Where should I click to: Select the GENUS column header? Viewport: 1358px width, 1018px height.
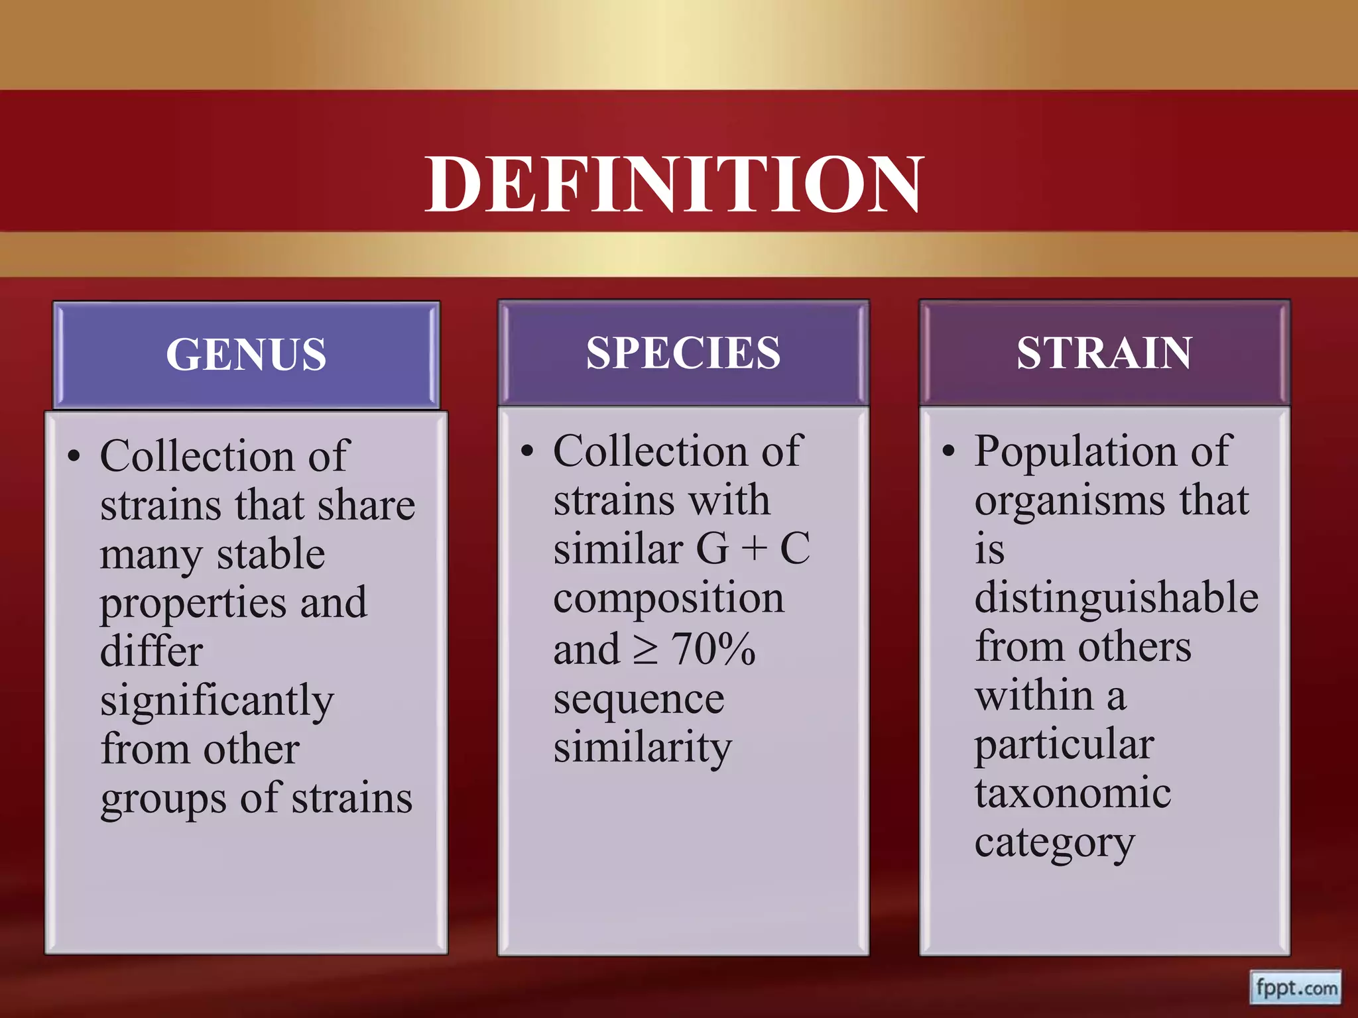pyautogui.click(x=246, y=354)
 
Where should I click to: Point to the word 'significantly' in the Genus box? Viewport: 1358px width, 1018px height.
pyautogui.click(x=217, y=701)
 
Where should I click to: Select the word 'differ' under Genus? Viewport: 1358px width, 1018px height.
pyautogui.click(x=151, y=651)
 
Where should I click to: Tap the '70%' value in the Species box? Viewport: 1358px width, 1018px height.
pyautogui.click(x=713, y=649)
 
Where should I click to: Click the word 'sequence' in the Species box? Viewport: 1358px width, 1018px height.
pyautogui.click(x=639, y=699)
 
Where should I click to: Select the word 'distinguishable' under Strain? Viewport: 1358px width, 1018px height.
pyautogui.click(x=1116, y=597)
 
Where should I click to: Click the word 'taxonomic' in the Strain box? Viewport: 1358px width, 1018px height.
pyautogui.click(x=1073, y=793)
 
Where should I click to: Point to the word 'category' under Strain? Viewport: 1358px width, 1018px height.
pyautogui.click(x=1054, y=844)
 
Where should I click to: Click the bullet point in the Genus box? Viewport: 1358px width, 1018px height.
pyautogui.click(x=74, y=457)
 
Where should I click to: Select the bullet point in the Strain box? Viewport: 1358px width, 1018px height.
pyautogui.click(x=949, y=451)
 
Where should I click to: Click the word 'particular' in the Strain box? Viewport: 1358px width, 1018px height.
pyautogui.click(x=1064, y=745)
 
